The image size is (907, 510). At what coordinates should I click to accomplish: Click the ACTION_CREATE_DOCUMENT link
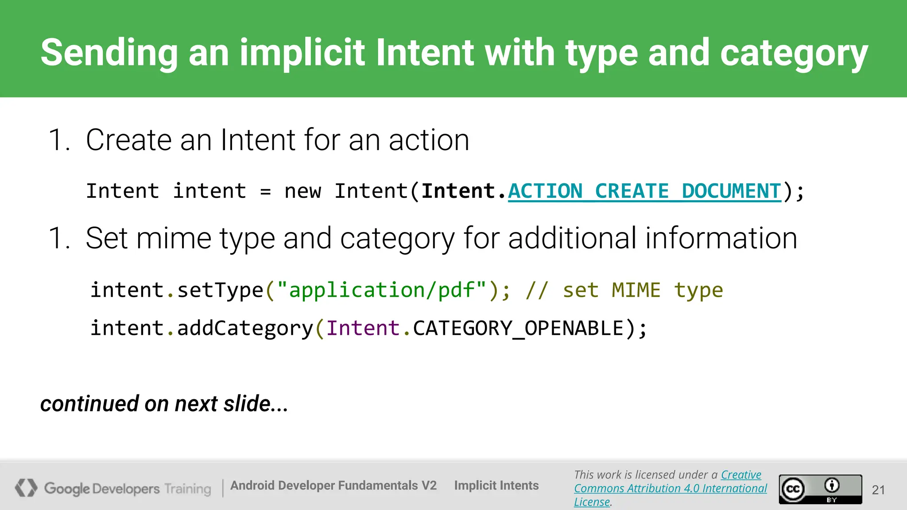[644, 192]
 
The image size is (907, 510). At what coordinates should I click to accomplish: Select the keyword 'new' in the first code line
[302, 192]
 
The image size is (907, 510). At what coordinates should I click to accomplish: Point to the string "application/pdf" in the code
[381, 290]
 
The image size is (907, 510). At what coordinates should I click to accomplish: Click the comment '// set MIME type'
[624, 290]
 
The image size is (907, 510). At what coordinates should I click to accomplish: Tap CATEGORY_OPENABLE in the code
[518, 328]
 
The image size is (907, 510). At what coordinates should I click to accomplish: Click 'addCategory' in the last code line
[245, 328]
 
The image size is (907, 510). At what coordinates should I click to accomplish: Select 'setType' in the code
[220, 290]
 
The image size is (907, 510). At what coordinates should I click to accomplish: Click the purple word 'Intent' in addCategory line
[363, 328]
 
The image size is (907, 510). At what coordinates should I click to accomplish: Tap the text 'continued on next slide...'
[164, 404]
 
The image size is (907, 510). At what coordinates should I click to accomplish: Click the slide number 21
[878, 490]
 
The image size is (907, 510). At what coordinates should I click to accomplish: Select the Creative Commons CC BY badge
[820, 489]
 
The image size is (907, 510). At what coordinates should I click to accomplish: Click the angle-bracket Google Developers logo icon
[26, 488]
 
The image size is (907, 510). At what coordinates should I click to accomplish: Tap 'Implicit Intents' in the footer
[496, 486]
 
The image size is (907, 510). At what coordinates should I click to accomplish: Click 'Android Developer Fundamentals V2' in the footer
[333, 486]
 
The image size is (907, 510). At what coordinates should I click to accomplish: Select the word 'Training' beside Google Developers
[188, 489]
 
